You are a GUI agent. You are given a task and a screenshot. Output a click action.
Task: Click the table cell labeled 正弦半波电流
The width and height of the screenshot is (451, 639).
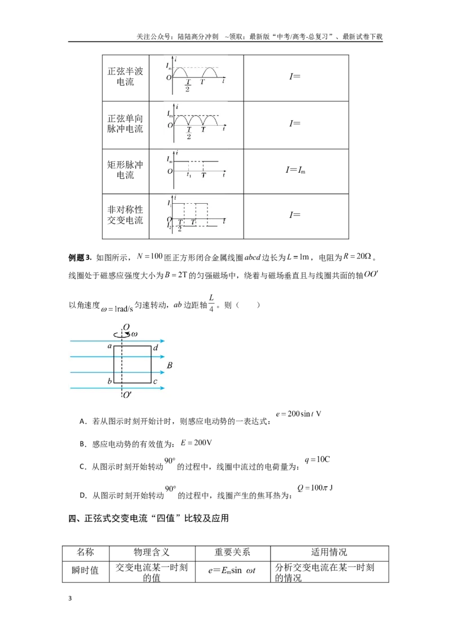coord(125,76)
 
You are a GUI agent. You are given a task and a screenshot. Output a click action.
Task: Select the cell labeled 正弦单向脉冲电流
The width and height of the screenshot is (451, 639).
coord(125,124)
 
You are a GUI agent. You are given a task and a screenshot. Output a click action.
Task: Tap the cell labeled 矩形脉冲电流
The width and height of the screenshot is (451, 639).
coord(125,170)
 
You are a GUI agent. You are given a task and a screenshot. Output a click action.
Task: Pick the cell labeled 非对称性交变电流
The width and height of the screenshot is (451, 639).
coord(125,215)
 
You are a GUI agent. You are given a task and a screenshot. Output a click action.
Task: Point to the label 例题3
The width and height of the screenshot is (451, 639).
coord(80,257)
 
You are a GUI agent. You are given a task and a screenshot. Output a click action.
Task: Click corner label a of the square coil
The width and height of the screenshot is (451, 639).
coord(109,347)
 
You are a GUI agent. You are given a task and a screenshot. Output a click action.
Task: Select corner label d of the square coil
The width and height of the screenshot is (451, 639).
coord(156,348)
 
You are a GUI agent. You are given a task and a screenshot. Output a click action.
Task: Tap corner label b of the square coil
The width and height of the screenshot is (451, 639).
coord(109,381)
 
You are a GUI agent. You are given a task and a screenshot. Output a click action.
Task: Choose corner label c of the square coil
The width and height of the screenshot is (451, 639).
coord(155,382)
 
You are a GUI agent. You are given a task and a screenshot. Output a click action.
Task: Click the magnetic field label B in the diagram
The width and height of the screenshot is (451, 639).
coord(170,365)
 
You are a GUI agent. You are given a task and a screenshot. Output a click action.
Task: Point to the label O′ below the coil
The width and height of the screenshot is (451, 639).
coord(127,395)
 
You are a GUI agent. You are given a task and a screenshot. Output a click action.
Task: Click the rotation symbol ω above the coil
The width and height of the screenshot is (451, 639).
coord(134,334)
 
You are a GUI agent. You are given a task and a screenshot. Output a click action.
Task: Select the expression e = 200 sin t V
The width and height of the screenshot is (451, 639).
coord(298,414)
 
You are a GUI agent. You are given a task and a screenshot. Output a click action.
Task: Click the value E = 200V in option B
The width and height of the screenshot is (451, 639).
coord(196,443)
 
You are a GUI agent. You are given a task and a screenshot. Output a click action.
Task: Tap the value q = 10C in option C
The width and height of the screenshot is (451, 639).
coord(317,459)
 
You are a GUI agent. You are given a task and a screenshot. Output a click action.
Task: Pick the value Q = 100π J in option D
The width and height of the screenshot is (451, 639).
coord(315,488)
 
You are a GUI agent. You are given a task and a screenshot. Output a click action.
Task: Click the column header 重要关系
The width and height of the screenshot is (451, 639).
coord(232,552)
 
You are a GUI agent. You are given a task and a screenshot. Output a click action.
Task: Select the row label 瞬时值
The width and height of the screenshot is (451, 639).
coord(85,570)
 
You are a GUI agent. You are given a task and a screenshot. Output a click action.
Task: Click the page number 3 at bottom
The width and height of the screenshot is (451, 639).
coord(70,598)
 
